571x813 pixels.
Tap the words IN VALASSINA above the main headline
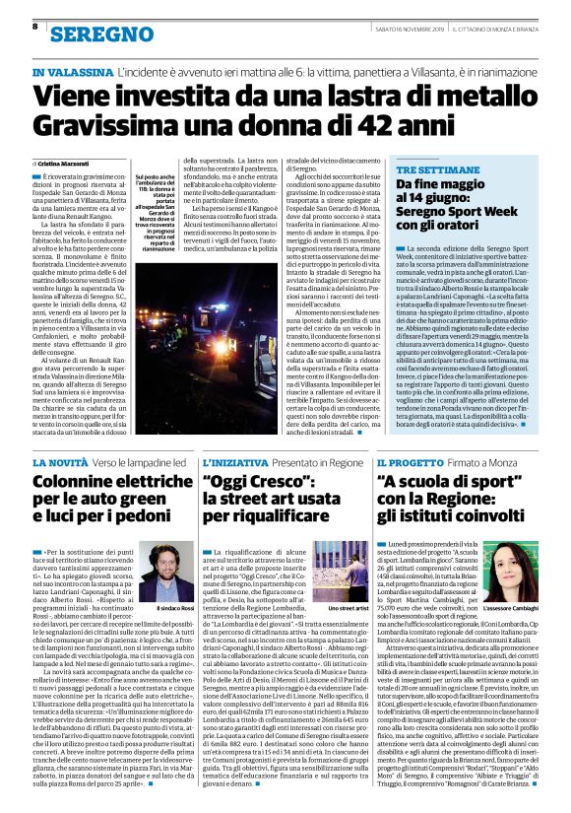point(70,73)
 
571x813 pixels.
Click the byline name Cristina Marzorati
point(65,162)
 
